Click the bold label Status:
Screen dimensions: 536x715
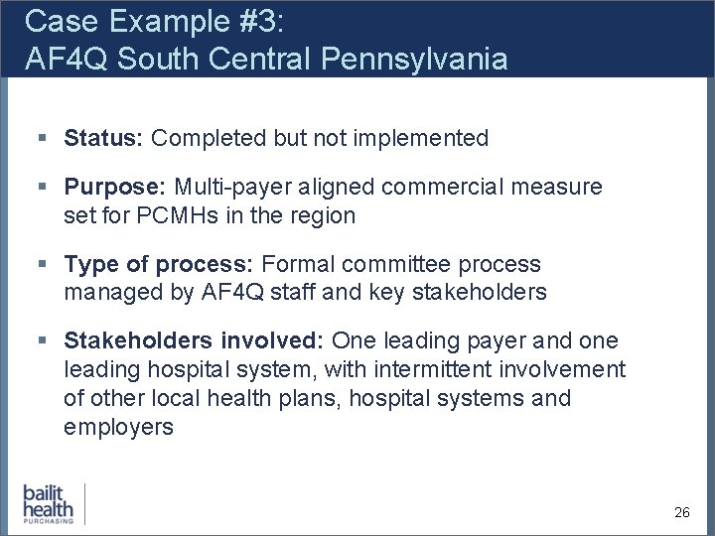click(104, 138)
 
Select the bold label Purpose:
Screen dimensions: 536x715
click(115, 187)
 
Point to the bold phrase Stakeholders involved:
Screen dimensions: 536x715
click(194, 341)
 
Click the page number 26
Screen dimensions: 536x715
click(681, 512)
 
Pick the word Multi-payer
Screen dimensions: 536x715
click(234, 187)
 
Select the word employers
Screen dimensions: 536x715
click(118, 428)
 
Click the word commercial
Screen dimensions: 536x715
click(452, 187)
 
